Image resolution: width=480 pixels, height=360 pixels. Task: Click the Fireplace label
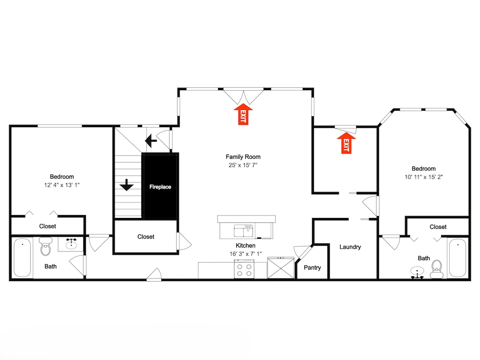coord(160,187)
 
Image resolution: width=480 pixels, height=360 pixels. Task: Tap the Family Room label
coord(243,157)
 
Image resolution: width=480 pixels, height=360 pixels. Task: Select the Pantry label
coord(312,267)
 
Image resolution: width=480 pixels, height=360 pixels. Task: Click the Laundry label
coord(350,247)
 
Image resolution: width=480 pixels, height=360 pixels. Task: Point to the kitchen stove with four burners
coord(244,269)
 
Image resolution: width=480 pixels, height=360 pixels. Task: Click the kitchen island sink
coord(244,231)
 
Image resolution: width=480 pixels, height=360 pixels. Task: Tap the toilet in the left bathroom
coord(46,246)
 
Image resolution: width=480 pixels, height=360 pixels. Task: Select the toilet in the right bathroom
coord(437,269)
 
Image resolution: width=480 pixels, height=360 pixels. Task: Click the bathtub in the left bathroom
coord(23,258)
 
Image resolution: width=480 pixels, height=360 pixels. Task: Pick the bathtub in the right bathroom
coord(457,258)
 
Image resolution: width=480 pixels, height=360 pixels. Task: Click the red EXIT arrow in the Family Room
coord(243,114)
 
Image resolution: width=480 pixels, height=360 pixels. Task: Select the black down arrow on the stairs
coord(126,185)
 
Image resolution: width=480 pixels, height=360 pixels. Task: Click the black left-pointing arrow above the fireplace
coord(151,141)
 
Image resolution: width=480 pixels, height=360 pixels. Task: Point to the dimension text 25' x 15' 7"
coord(243,165)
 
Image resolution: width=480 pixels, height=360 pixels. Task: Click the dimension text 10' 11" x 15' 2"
coord(424,177)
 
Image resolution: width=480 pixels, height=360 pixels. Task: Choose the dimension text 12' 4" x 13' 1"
coord(62,185)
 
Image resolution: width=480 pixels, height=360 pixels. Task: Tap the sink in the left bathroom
coord(71,244)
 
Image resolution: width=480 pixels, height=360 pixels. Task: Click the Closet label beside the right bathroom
coord(438,227)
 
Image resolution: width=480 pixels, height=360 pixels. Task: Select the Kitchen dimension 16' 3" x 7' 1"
coord(245,254)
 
